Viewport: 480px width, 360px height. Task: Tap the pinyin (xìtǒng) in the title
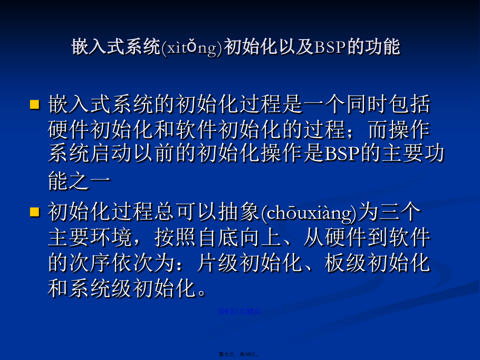[192, 48]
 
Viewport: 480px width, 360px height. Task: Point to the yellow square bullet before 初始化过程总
[35, 212]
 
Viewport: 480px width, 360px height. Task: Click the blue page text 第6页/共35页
[239, 311]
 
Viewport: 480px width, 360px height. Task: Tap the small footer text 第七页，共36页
[239, 354]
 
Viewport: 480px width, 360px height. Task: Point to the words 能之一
[79, 181]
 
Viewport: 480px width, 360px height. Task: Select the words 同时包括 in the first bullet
[388, 104]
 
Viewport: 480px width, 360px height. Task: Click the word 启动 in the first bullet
[111, 153]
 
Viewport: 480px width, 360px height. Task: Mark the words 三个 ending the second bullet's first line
[400, 212]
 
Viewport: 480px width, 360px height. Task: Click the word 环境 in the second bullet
[111, 238]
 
